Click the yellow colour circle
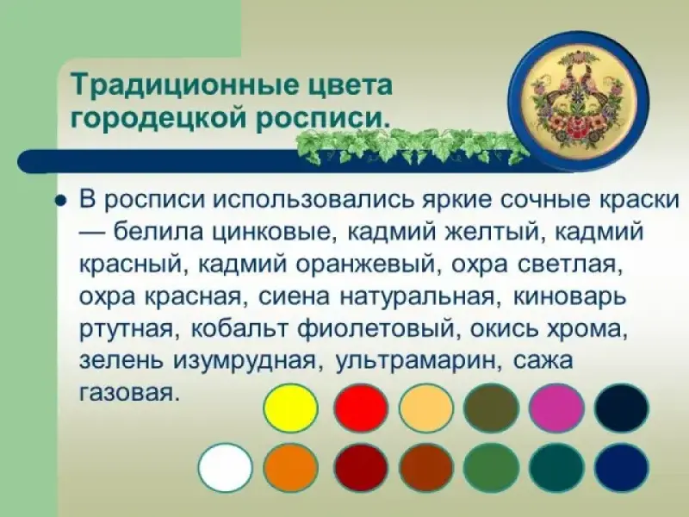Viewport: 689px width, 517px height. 290,408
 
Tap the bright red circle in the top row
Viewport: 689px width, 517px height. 361,408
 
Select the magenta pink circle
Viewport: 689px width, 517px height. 556,408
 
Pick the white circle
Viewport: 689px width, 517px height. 226,467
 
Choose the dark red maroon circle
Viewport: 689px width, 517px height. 361,467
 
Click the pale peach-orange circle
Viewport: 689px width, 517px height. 426,408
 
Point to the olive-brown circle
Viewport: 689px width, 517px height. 491,408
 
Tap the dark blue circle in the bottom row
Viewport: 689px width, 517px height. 622,467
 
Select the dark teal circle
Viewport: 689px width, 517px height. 556,467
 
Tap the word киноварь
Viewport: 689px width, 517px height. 569,296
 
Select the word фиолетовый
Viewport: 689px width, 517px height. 376,330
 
